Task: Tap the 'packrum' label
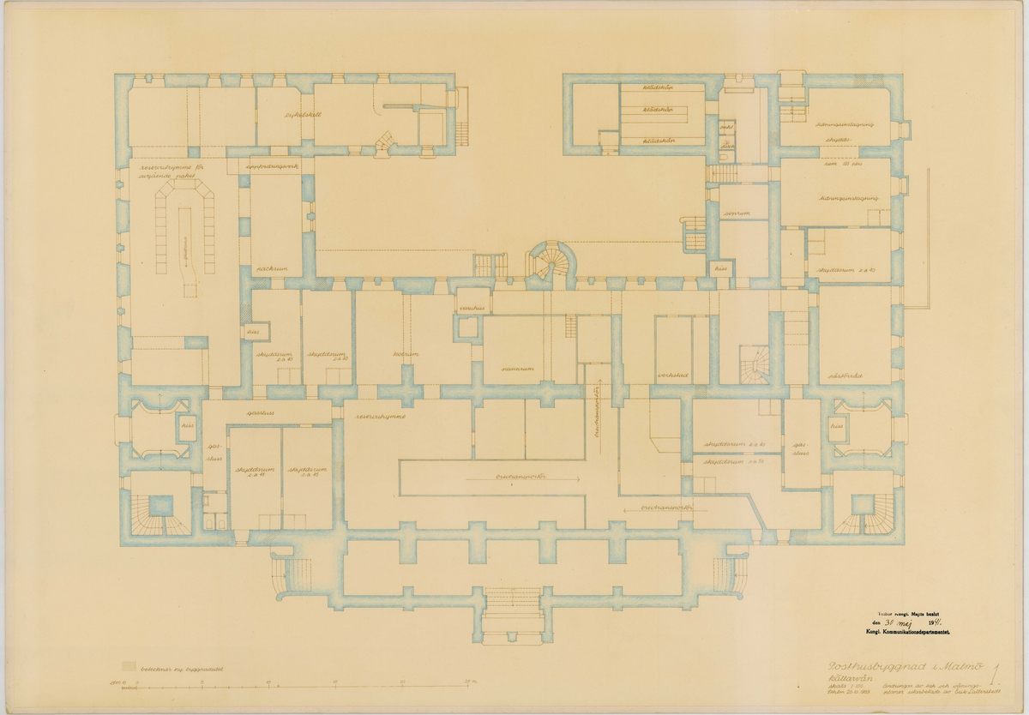click(269, 269)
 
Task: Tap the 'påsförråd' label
click(844, 376)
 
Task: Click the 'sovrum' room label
click(731, 213)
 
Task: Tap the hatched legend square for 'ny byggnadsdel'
click(129, 664)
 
